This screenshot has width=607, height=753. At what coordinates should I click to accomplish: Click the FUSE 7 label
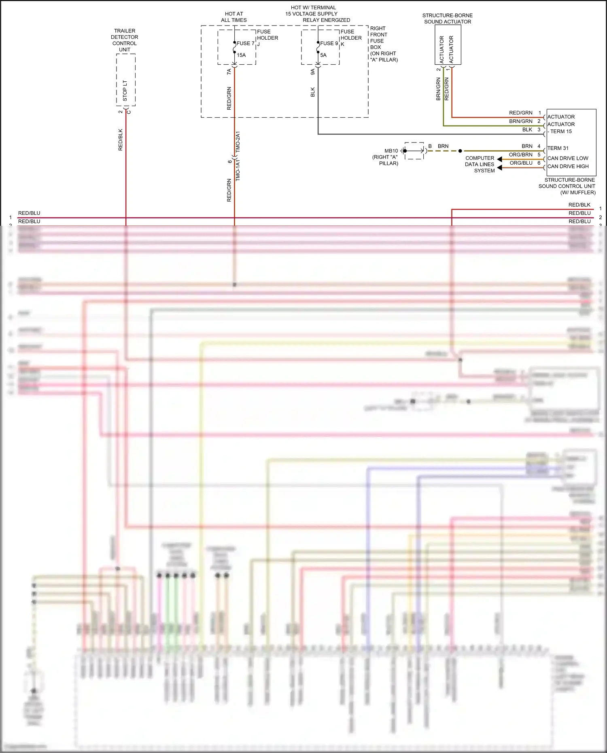[245, 43]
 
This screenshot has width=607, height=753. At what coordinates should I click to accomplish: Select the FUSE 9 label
[329, 43]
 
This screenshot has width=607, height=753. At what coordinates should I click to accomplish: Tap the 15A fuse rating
[241, 55]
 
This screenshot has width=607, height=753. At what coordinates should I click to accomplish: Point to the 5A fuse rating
[323, 55]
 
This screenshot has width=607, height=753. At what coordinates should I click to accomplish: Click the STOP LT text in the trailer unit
[125, 91]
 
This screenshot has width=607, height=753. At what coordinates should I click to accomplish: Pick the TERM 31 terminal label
[558, 148]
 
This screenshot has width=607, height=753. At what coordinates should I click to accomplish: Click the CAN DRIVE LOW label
[568, 158]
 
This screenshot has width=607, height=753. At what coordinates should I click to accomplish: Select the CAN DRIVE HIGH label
[568, 166]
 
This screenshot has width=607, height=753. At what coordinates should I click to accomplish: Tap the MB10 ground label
[391, 151]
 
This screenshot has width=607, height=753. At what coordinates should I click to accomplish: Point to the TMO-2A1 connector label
[238, 141]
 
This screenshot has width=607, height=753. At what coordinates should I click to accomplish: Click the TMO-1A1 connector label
[238, 170]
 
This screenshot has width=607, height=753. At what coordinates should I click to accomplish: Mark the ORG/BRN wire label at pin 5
[520, 155]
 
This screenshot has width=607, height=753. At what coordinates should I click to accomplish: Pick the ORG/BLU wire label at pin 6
[521, 163]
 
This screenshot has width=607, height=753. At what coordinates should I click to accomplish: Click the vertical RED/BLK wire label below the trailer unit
[120, 140]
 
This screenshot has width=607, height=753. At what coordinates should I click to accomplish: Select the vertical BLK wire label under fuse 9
[313, 92]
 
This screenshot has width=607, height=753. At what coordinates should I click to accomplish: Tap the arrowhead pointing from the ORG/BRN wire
[500, 159]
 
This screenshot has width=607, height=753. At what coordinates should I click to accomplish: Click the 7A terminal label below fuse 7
[229, 72]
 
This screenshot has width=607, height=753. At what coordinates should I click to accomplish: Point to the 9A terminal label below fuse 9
[313, 72]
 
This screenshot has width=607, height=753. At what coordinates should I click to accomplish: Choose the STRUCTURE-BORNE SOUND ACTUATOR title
[448, 19]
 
